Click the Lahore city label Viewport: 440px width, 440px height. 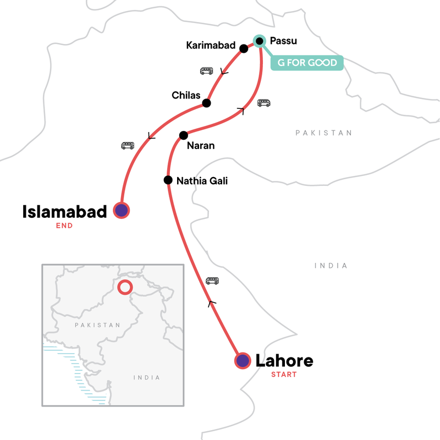(284, 361)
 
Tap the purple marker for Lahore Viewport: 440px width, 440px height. (243, 361)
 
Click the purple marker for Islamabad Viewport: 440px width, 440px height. (121, 210)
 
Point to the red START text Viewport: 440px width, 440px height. (283, 375)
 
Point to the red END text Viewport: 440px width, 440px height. (65, 226)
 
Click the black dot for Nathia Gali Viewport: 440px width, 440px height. (168, 180)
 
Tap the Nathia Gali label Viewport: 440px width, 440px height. (202, 180)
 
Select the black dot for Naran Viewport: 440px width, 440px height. (184, 135)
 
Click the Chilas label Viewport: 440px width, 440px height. (185, 95)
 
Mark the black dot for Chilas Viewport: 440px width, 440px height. (206, 103)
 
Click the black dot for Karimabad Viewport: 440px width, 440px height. (244, 48)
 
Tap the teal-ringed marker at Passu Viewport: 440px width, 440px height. (260, 41)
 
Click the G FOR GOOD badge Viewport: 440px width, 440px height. (307, 63)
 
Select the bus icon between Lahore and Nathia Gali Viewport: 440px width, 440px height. (212, 280)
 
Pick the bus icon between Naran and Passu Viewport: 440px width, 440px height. (264, 103)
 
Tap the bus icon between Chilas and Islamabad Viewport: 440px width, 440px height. (128, 146)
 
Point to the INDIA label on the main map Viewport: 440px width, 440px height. (331, 266)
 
